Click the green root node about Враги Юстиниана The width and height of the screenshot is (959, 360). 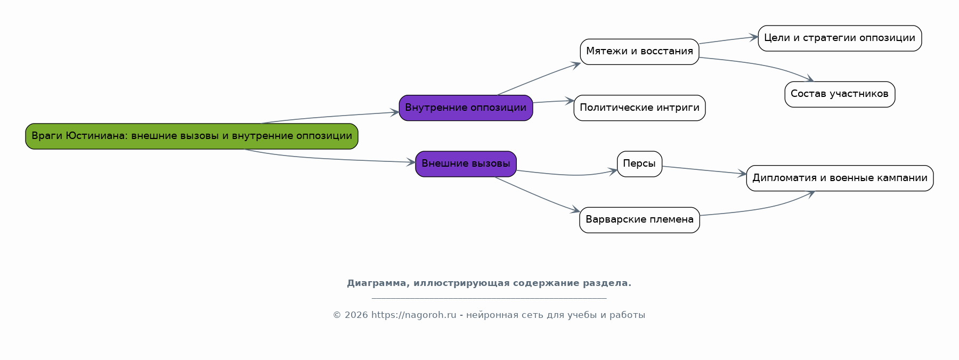pos(191,136)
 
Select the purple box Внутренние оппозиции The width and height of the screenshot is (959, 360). pos(466,108)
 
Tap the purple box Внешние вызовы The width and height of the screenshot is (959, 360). pos(466,164)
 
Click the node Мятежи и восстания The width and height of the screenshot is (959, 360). pos(639,52)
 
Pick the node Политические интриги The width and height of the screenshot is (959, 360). pos(639,108)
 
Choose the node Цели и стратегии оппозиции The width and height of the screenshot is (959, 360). pos(840,38)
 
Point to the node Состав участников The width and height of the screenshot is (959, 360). pos(840,94)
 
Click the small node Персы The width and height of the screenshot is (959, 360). pos(639,164)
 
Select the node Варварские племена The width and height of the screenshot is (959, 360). pos(639,220)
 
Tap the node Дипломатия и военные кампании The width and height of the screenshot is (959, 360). pos(840,178)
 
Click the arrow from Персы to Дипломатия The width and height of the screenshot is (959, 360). pos(703,170)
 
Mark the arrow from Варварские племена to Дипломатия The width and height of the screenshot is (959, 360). pos(757,209)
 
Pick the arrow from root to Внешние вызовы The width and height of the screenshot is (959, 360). pos(330,159)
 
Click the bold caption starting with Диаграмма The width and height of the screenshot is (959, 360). pos(489,283)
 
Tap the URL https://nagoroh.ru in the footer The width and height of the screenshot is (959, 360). pos(413,315)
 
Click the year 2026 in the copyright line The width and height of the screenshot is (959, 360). pos(356,315)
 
